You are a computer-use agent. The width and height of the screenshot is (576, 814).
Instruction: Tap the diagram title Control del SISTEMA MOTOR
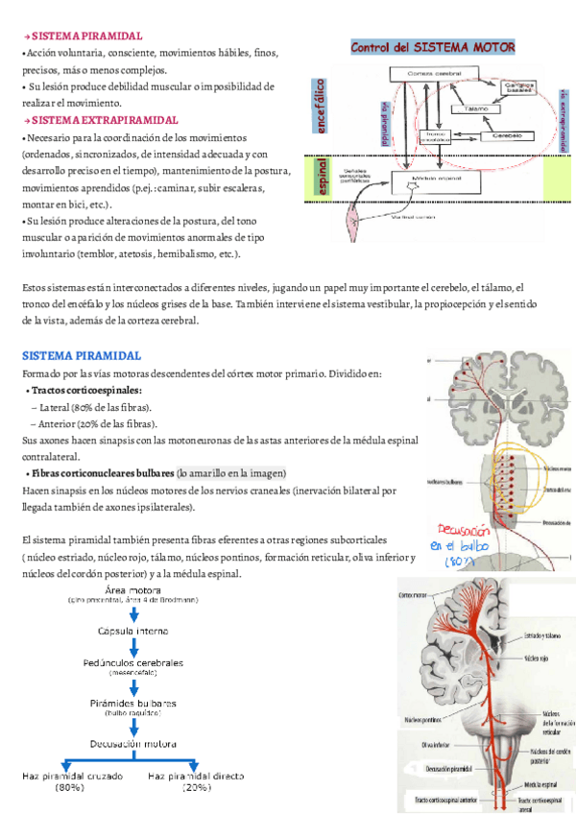coord(433,47)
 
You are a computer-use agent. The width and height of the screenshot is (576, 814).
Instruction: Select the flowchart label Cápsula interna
coord(134,632)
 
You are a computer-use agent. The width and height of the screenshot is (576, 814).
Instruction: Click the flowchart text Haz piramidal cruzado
coord(69,775)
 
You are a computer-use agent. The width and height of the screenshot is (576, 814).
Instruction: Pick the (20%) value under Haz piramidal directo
coord(197,787)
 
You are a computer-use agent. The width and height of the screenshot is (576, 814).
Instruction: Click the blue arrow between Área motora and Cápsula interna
coord(134,615)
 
